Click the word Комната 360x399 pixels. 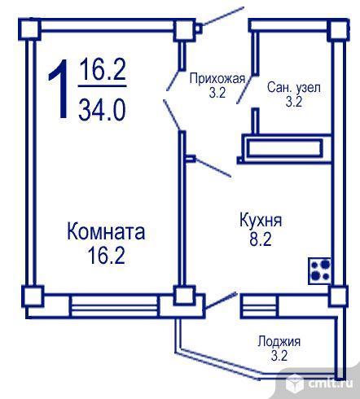106,231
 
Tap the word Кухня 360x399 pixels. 261,221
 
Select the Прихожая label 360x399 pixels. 217,79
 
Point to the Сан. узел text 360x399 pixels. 294,87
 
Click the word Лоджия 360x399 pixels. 279,341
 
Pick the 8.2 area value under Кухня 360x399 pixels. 261,239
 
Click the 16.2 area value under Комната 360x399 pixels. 106,256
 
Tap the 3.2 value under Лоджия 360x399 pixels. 279,356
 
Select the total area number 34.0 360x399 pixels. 102,110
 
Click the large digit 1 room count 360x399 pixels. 59,89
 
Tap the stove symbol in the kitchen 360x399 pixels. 319,271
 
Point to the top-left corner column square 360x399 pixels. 29,29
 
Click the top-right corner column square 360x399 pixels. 338,30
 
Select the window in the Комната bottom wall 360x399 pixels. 114,306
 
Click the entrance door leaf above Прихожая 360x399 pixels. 223,16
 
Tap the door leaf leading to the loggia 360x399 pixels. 222,300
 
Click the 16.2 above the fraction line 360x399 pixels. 103,69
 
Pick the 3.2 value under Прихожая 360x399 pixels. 217,93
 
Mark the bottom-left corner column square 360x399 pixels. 33,296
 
